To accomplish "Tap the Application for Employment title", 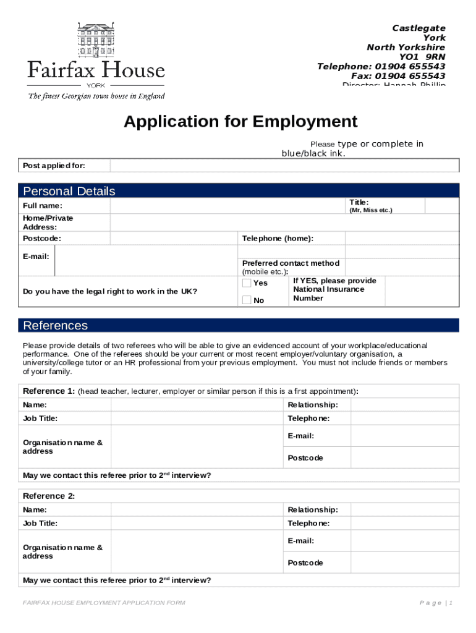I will point(240,121).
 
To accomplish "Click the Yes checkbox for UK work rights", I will point(247,283).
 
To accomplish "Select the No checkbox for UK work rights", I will point(247,300).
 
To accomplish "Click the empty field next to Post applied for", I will point(284,166).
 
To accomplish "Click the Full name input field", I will point(229,206).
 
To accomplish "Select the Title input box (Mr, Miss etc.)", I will point(441,206).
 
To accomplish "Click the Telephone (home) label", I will point(278,239).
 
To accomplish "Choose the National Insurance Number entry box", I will point(422,291).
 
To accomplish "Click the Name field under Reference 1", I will point(198,405).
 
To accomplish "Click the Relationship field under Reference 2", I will point(404,510).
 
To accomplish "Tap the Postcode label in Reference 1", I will point(305,458).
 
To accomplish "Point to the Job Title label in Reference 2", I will point(40,524).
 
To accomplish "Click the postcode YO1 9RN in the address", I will point(422,57).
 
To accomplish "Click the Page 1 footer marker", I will point(436,603).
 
